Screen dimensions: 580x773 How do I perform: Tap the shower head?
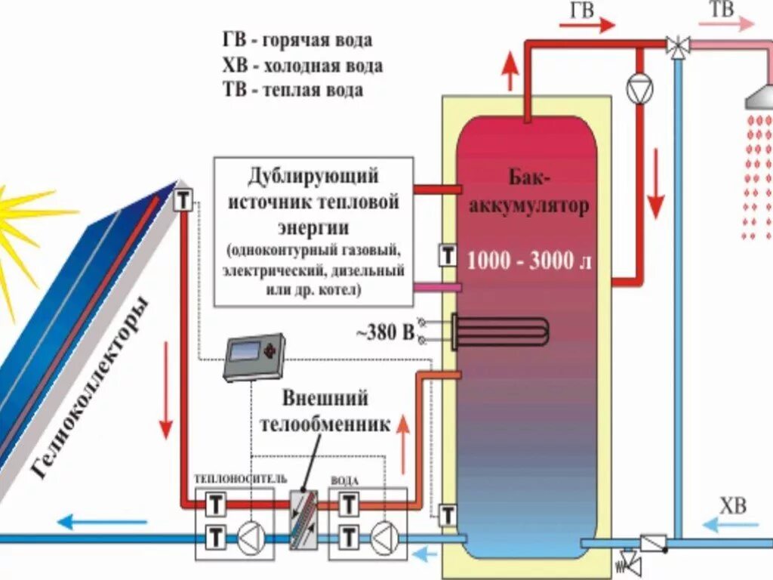coord(758,97)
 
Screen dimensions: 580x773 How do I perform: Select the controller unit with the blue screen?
coord(254,356)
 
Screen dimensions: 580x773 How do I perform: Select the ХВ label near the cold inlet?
coord(731,505)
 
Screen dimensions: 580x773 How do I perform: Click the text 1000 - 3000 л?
coord(530,261)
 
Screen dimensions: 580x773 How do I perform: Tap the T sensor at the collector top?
coord(184,201)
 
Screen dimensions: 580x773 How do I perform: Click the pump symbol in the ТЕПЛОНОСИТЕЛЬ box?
coord(250,537)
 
